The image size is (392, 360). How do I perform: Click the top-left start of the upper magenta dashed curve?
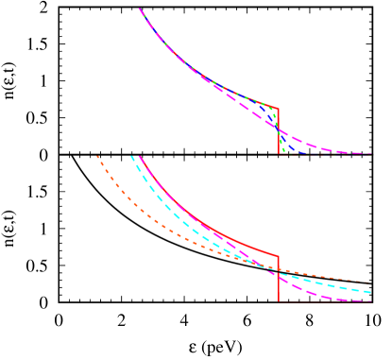tap(140, 9)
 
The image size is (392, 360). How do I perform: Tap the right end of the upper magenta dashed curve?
tap(371, 153)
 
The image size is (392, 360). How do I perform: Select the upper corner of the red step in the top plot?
tap(278, 109)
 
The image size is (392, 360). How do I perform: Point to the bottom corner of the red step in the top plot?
tap(279, 153)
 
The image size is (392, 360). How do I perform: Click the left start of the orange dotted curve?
tap(97, 156)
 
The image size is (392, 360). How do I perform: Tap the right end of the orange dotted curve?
tap(370, 283)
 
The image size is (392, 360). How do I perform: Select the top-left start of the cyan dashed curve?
tap(131, 156)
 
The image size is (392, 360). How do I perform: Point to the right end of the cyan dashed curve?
tap(370, 293)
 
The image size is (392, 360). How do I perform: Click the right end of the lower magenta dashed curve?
tap(370, 301)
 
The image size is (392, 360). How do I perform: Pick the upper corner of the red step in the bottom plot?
tap(278, 255)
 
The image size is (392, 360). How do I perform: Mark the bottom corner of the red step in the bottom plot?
tap(279, 301)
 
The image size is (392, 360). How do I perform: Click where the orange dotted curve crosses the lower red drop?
tap(279, 270)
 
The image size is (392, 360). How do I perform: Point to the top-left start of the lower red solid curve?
tap(140, 156)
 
